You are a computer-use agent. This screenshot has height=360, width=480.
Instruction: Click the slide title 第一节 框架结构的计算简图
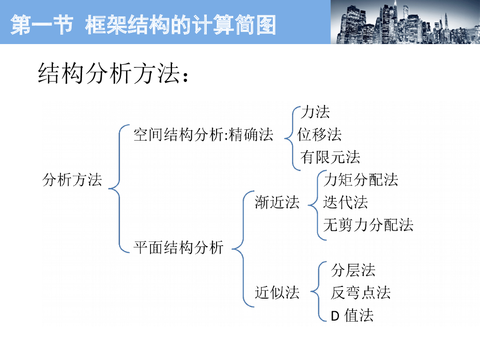click(x=143, y=25)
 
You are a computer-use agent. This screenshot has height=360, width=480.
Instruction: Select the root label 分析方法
click(x=72, y=180)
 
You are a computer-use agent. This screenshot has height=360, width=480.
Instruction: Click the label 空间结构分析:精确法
click(x=203, y=135)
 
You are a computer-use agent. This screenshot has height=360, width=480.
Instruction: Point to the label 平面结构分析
click(x=179, y=247)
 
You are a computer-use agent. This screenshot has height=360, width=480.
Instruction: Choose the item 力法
click(x=315, y=112)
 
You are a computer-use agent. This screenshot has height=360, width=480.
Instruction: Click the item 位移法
click(x=320, y=135)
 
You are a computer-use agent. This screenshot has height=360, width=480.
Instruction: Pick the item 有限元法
click(x=330, y=157)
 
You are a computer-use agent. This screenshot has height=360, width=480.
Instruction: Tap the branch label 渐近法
click(x=277, y=202)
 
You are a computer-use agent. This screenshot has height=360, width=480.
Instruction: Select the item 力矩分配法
click(x=361, y=180)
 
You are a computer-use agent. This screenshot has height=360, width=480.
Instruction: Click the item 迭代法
click(x=345, y=202)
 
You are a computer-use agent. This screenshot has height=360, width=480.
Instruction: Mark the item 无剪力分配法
click(x=368, y=225)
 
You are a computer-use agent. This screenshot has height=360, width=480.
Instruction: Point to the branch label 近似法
click(x=277, y=293)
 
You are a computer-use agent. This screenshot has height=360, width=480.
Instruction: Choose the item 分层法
click(x=353, y=270)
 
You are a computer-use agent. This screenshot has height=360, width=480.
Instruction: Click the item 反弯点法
click(x=360, y=293)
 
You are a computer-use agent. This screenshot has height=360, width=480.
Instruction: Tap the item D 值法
click(x=352, y=315)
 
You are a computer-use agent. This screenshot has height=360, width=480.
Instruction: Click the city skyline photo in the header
click(x=405, y=22)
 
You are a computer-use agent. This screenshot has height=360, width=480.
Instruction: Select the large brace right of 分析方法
click(x=118, y=188)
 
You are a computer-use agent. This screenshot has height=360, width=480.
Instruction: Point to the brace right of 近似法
click(x=317, y=291)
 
